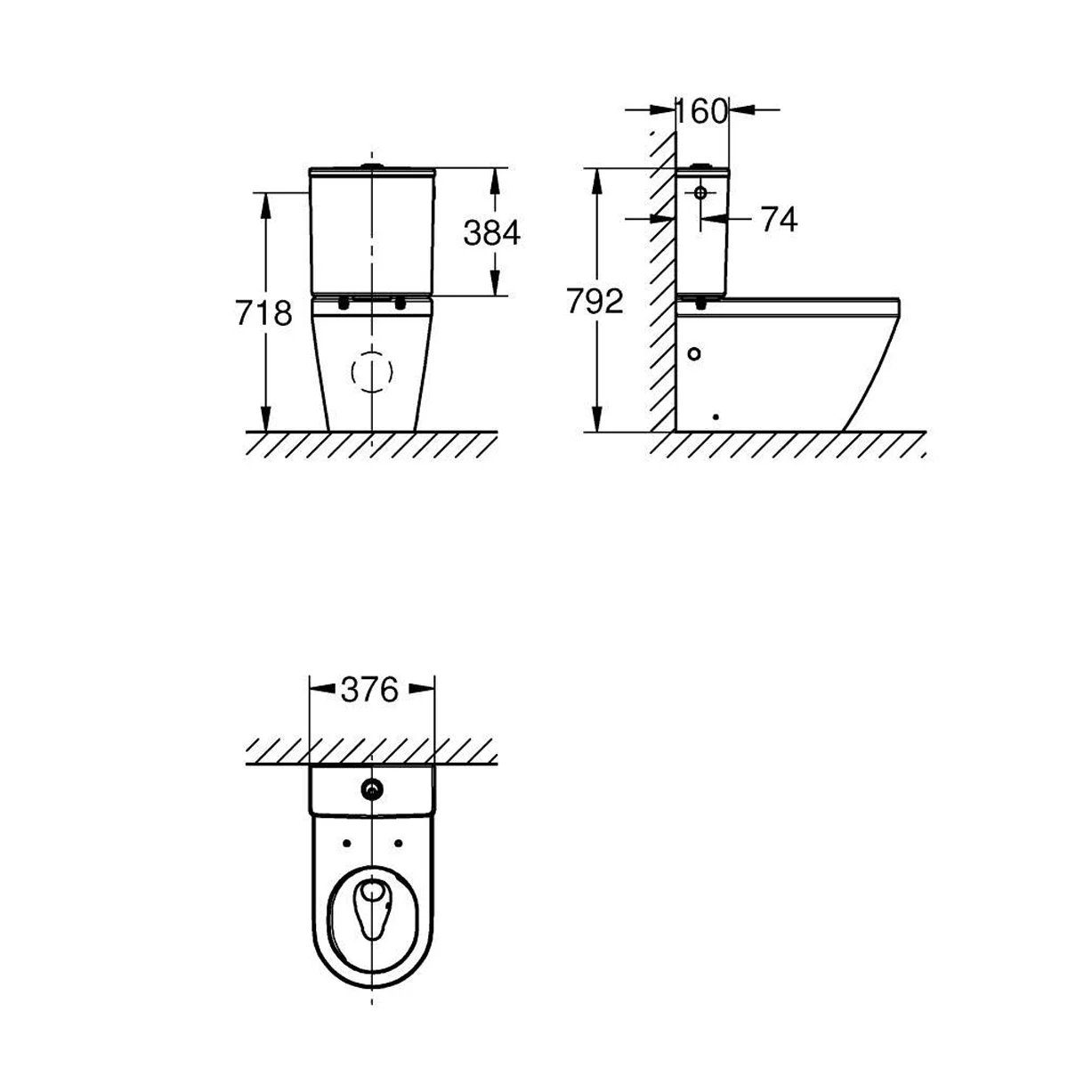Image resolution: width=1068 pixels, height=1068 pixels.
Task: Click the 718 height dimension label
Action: tap(263, 313)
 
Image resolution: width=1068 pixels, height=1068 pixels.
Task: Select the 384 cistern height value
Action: tap(491, 232)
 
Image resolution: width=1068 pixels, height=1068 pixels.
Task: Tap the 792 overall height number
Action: tap(595, 303)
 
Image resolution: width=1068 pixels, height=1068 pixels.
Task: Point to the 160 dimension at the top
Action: tap(701, 111)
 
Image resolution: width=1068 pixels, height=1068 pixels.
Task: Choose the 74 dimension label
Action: tap(779, 219)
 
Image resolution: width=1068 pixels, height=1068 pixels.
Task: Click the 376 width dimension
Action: tap(370, 688)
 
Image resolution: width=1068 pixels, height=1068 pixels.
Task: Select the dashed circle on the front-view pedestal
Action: tap(372, 374)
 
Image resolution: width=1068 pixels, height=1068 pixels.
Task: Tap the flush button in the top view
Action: tap(371, 788)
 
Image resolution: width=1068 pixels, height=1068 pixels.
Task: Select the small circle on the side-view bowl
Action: tap(695, 352)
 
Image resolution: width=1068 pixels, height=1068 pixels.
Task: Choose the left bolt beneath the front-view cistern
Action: tap(344, 303)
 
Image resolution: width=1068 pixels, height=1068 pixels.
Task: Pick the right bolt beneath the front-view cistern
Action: tap(400, 303)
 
